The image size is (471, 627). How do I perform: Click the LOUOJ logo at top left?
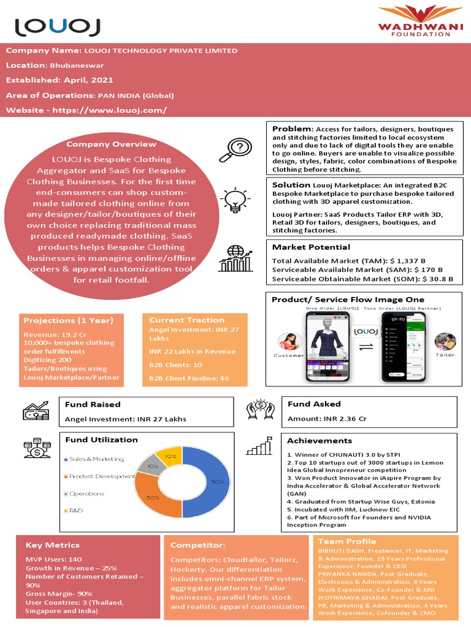click(x=58, y=26)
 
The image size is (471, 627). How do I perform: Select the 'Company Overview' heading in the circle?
click(x=111, y=144)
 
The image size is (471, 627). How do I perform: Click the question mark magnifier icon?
click(x=239, y=150)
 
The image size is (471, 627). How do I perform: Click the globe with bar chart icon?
click(x=236, y=258)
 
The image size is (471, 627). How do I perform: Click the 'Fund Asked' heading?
click(x=314, y=404)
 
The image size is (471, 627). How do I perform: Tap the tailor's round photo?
click(x=445, y=342)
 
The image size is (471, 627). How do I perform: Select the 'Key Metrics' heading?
click(x=52, y=545)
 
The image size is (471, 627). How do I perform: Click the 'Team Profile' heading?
click(x=347, y=541)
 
